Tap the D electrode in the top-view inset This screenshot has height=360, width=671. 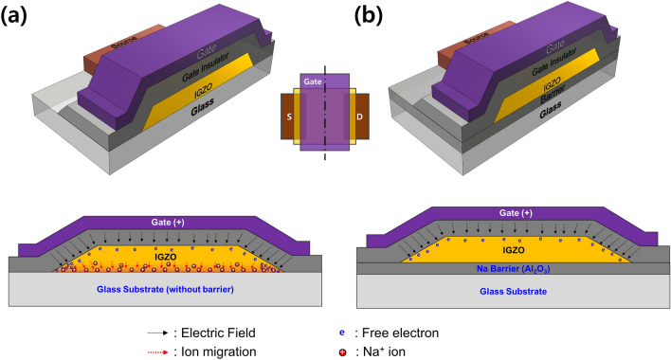point(361,111)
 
